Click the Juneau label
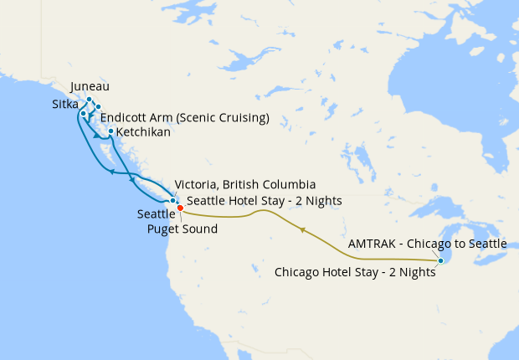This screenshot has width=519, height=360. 90,86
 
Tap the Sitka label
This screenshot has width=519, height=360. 66,104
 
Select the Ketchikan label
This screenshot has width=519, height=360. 144,132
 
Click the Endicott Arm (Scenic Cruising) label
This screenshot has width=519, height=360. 185,117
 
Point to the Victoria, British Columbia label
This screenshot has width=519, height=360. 244,185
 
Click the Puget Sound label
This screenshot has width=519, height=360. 182,229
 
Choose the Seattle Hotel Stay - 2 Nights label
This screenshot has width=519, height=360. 265,201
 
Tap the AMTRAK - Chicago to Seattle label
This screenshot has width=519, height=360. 427,244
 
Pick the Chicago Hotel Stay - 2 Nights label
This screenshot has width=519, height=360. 356,272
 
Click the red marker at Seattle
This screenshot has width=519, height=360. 180,208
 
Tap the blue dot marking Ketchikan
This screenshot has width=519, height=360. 110,131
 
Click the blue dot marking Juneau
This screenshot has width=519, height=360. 90,100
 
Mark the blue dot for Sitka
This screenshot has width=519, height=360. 83,113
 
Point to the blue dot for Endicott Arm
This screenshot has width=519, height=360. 98,106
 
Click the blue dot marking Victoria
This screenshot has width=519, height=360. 172,201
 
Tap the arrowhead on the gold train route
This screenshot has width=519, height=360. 303,229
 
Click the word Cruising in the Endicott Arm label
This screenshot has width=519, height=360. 239,117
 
